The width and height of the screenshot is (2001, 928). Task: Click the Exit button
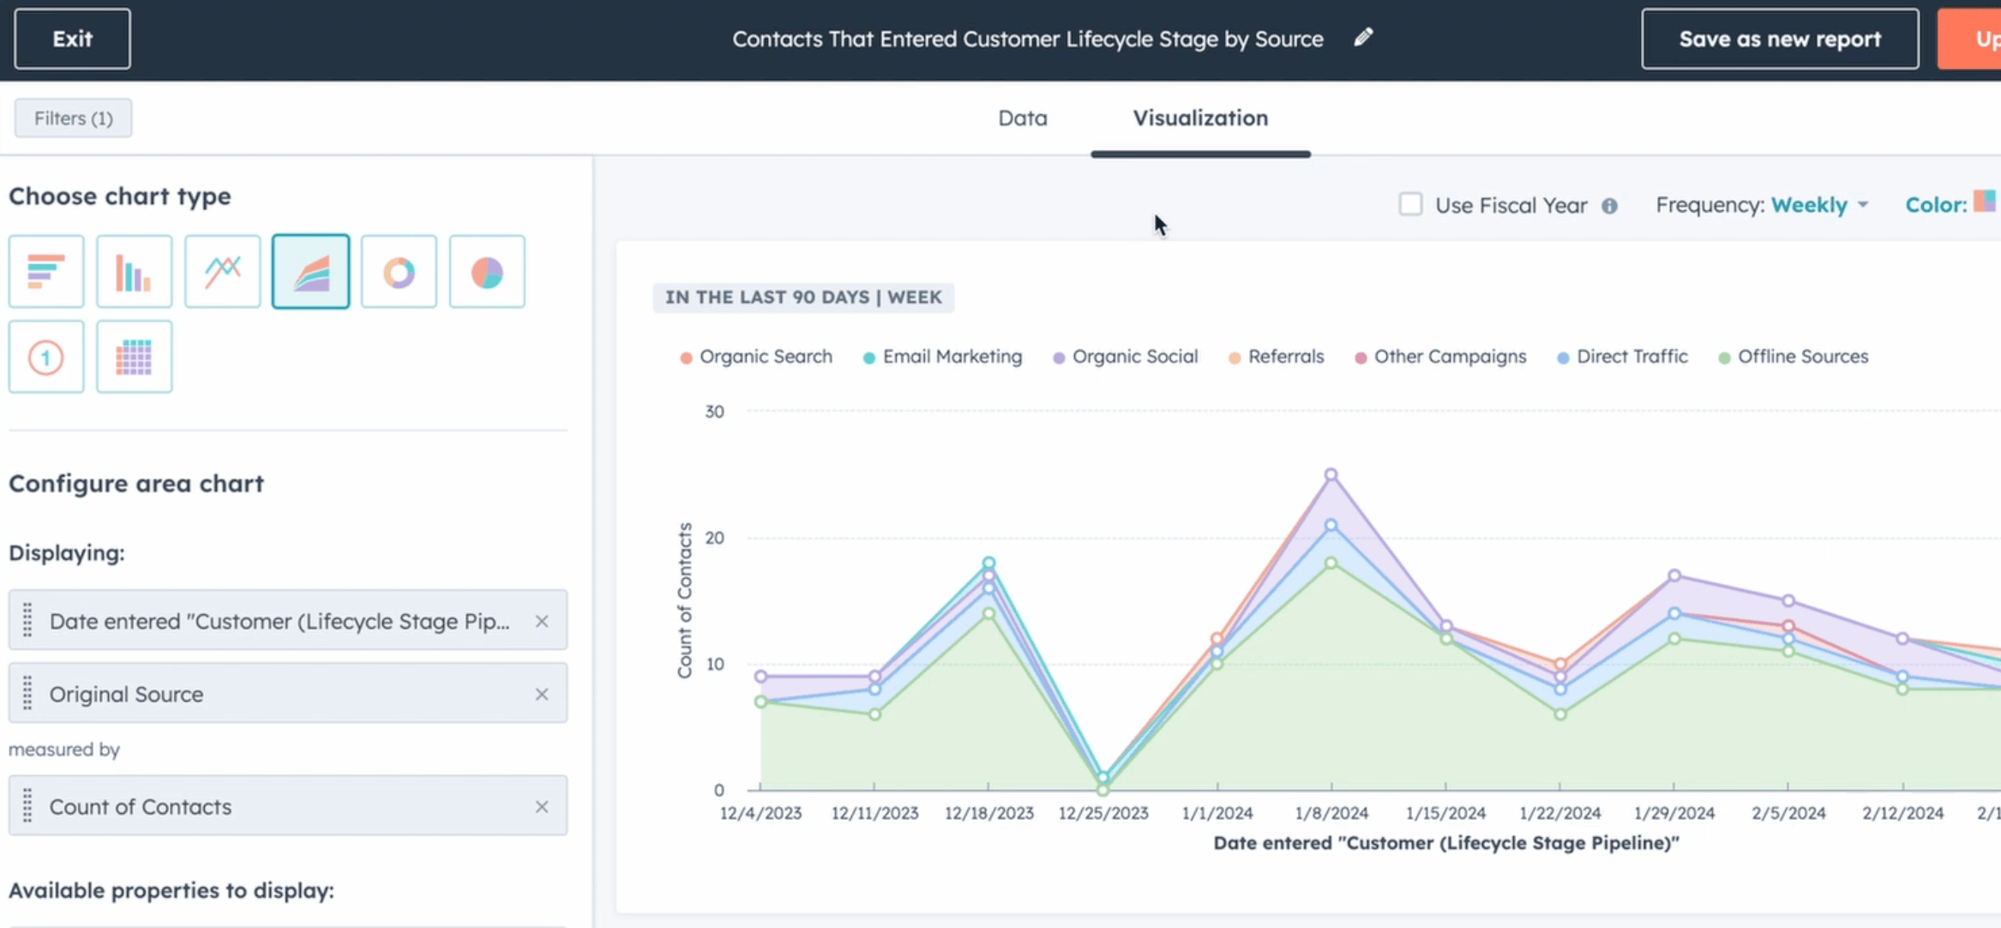coord(72,39)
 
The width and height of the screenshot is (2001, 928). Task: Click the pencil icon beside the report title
coord(1363,38)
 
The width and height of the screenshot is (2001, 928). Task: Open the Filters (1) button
coord(73,118)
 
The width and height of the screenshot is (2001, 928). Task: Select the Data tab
coord(1022,118)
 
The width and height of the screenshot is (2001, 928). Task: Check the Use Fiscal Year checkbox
coord(1409,204)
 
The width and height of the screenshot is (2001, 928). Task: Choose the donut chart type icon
coord(399,272)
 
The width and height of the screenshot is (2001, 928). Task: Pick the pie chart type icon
coord(486,272)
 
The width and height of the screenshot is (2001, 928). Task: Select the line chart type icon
coord(222,272)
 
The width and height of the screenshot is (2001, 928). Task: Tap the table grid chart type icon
coord(134,357)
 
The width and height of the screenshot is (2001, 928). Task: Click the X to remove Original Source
coord(541,694)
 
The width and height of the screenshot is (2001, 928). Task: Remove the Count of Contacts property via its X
coord(541,807)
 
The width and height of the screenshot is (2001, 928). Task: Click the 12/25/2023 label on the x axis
coord(1103,813)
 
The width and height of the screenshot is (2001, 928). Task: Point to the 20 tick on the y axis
coord(714,538)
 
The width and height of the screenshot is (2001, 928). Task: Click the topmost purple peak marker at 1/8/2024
coord(1331,474)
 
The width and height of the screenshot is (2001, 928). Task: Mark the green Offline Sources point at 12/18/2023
coord(988,613)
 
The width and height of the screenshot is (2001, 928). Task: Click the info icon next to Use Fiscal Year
coord(1609,206)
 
